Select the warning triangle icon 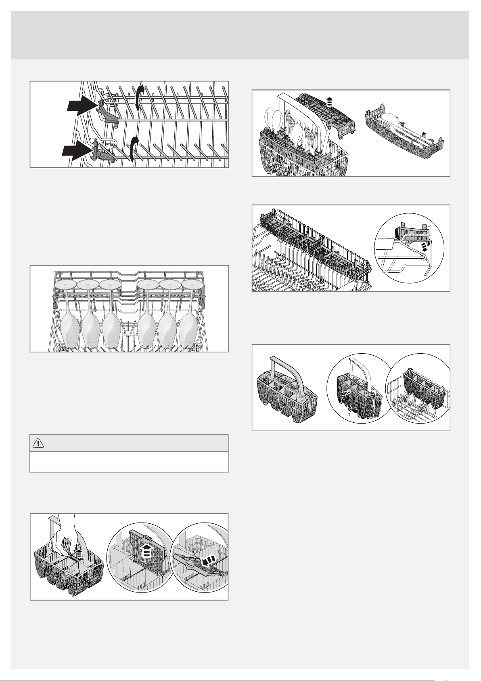tap(38, 443)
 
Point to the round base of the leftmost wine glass tap(65, 284)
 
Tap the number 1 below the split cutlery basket tap(349, 414)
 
